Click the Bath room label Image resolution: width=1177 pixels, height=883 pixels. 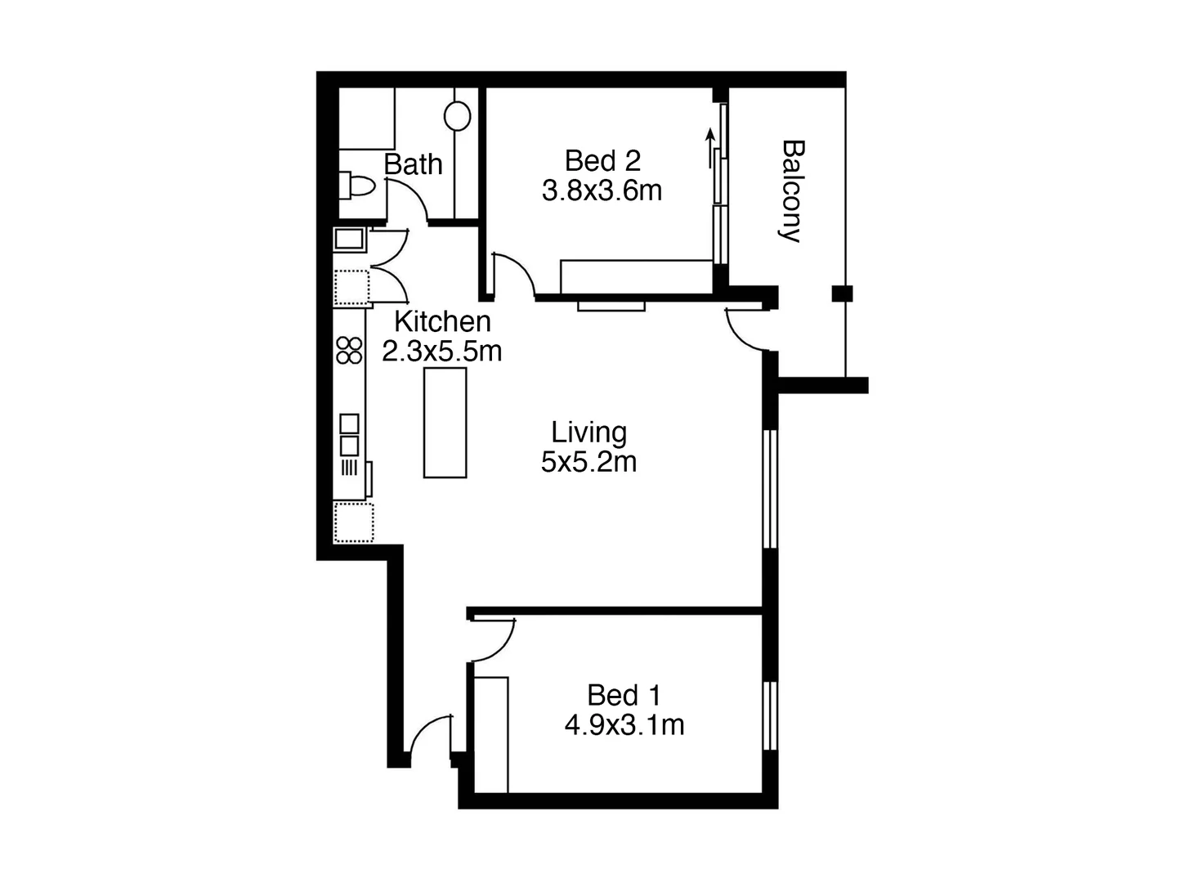click(413, 164)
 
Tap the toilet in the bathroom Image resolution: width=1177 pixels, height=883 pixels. click(357, 186)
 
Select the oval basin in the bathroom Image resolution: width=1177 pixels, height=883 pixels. click(458, 115)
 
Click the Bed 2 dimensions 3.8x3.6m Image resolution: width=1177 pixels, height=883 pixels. click(602, 190)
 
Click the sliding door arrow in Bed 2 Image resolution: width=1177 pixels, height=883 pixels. click(710, 147)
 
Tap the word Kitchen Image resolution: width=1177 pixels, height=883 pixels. click(442, 321)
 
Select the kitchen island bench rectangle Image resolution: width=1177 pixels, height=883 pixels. click(445, 422)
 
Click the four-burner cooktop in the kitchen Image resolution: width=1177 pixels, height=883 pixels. click(349, 350)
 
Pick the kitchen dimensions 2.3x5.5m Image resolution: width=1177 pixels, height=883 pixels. click(442, 351)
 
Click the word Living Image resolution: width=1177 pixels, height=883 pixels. click(588, 432)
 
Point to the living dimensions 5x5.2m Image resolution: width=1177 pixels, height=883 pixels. click(588, 462)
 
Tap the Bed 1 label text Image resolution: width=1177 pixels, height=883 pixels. click(624, 695)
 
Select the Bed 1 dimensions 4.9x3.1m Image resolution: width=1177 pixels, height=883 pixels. click(624, 725)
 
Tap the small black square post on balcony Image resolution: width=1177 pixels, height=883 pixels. click(842, 293)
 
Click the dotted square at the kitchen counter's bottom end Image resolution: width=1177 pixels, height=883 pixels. click(353, 522)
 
